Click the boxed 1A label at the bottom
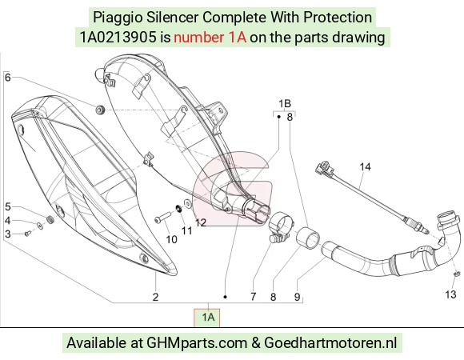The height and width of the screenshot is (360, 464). [208, 317]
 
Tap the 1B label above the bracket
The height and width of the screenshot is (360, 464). [284, 104]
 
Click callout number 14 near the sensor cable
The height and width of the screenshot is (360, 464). [365, 167]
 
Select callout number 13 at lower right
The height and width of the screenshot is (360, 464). [450, 294]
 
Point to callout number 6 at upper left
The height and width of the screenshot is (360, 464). [8, 78]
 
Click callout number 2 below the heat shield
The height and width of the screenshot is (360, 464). [156, 297]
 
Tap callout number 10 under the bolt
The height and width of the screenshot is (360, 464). [171, 239]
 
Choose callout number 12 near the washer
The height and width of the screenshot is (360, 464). [201, 222]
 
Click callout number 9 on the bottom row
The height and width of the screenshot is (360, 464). [297, 297]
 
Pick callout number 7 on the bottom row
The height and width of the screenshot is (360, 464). [253, 297]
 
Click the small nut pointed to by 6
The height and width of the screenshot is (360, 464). [100, 110]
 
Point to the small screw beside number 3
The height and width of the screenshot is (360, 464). [27, 234]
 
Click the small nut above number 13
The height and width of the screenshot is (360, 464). [457, 274]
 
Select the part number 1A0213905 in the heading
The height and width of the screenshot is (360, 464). [118, 38]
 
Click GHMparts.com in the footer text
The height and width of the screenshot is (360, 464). [197, 343]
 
